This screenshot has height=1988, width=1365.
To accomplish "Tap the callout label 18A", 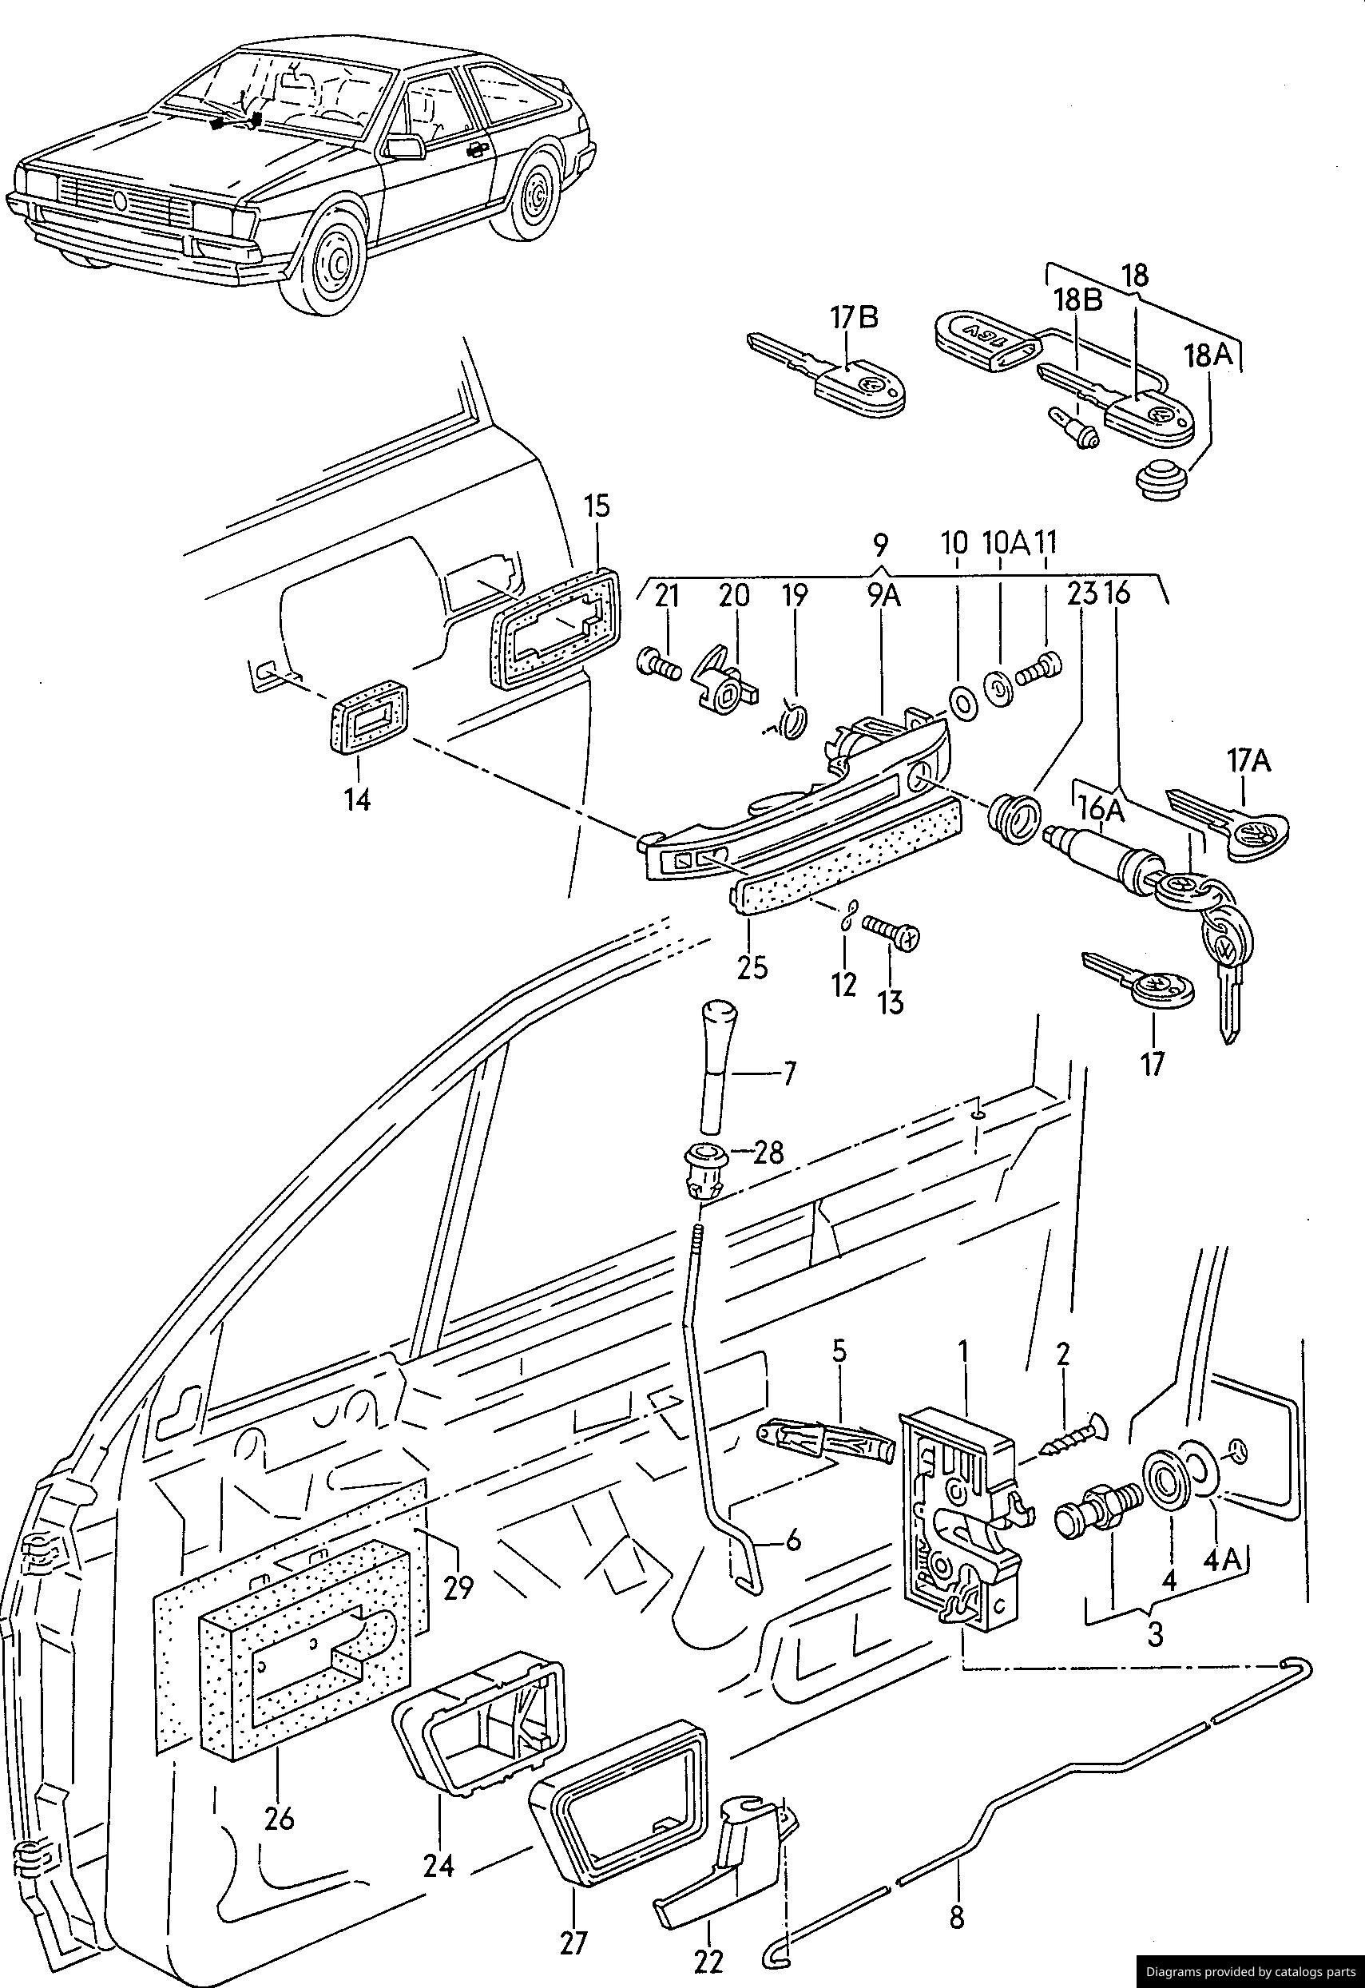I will (x=1208, y=355).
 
